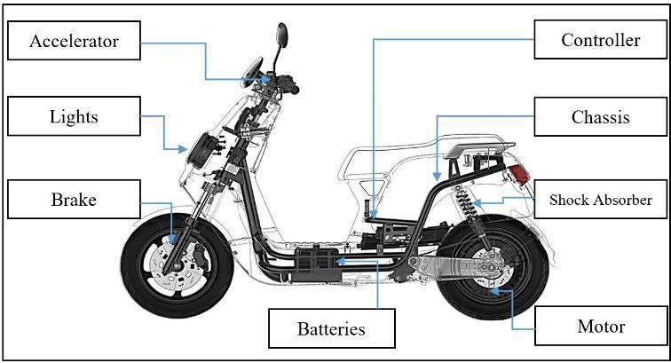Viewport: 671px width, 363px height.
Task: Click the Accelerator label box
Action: point(75,41)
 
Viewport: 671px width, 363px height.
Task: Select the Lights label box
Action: point(75,116)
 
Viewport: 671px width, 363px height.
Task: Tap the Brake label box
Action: point(74,200)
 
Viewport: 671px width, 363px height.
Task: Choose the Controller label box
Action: point(601,40)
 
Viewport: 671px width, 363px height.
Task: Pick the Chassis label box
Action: point(601,116)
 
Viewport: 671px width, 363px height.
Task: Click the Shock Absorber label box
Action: point(601,200)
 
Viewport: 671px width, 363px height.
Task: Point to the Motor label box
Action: point(601,327)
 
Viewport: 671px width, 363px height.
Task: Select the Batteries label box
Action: point(330,328)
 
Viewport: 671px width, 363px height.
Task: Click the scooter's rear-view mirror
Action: point(281,36)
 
